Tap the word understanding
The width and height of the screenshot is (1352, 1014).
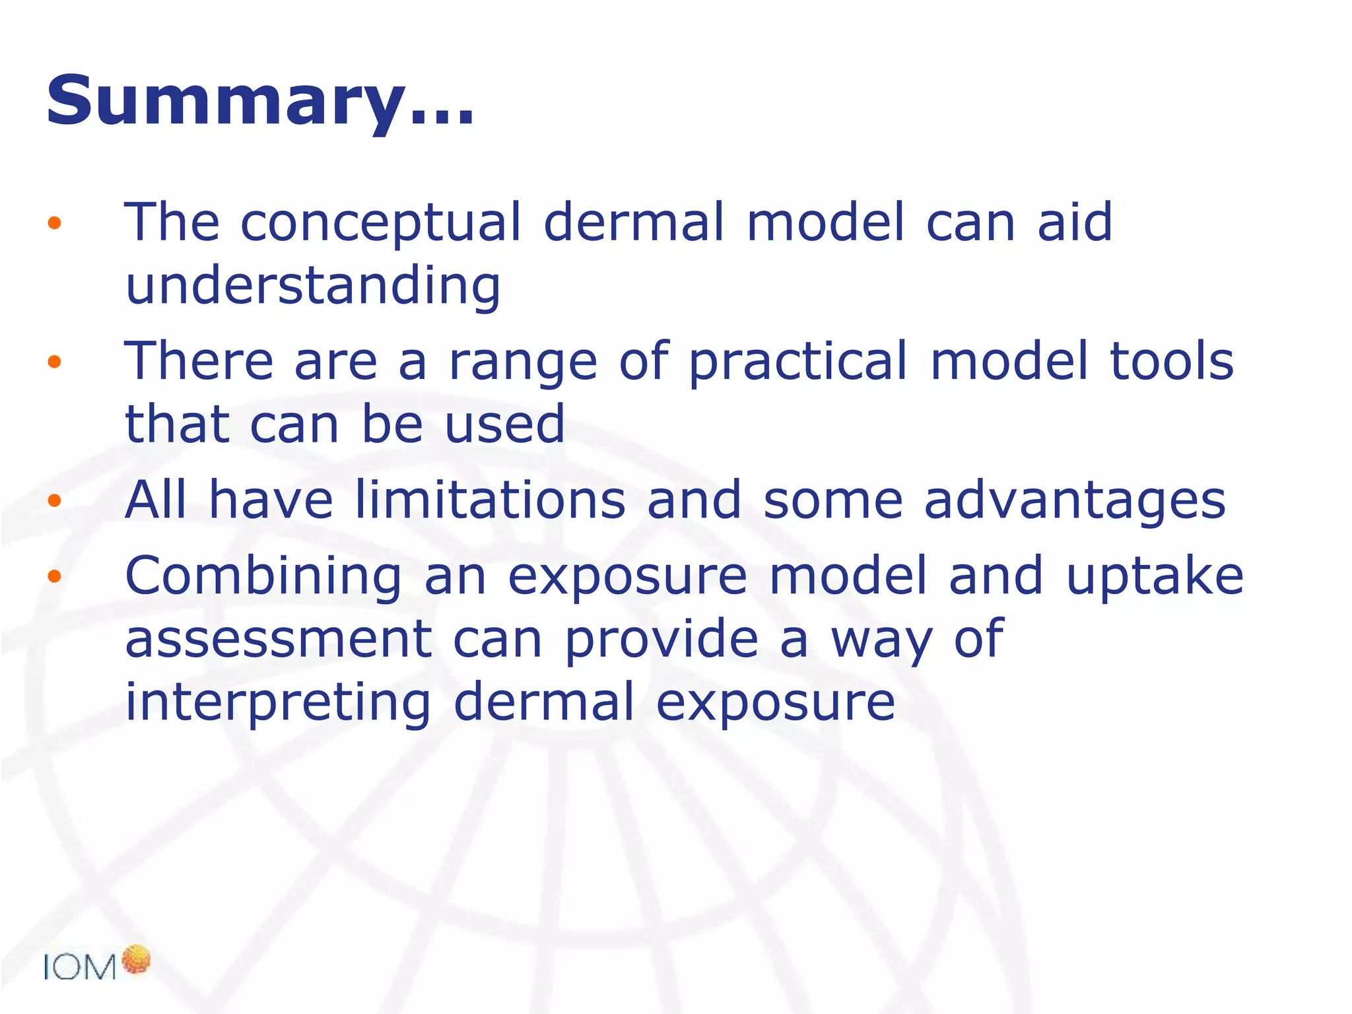click(313, 286)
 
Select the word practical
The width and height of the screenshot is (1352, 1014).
click(798, 362)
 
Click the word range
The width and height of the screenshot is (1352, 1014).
click(523, 362)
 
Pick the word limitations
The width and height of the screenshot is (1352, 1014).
click(490, 500)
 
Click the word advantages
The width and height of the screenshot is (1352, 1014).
click(1075, 501)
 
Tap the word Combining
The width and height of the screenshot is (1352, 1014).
click(263, 577)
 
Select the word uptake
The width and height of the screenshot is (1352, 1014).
click(1155, 577)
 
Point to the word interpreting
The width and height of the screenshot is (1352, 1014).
click(278, 703)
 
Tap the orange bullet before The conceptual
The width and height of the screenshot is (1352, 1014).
click(54, 223)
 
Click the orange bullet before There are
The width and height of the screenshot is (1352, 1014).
click(54, 361)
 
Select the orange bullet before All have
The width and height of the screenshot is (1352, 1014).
click(54, 500)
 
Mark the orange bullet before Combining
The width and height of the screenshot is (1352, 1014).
click(54, 576)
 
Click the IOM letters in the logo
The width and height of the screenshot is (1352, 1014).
click(80, 968)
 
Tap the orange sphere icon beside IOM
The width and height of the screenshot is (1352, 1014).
click(137, 959)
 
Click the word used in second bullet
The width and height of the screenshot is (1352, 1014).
click(504, 424)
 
